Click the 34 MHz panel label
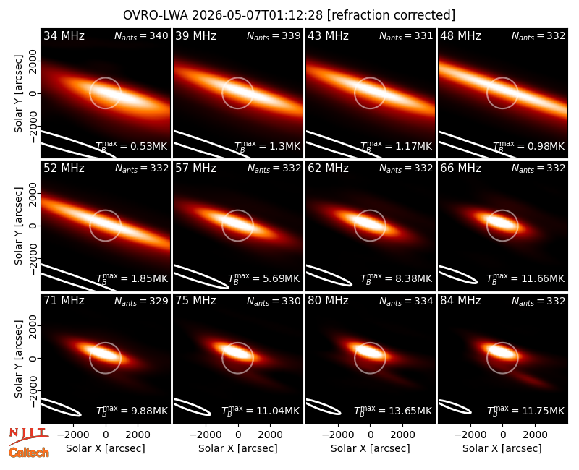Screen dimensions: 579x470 (64, 35)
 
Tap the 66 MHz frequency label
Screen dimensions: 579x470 (460, 168)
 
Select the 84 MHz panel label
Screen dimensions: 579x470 (460, 301)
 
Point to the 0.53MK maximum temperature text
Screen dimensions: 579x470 (149, 146)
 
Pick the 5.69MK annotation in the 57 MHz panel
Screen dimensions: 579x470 (281, 278)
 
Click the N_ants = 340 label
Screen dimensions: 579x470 (141, 35)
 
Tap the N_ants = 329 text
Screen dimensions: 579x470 (141, 301)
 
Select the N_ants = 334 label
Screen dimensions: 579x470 (406, 301)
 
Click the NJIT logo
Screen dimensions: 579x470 (29, 436)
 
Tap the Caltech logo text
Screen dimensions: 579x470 (29, 453)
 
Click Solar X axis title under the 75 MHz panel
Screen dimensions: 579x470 (238, 448)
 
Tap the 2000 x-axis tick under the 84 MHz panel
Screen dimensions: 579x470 (535, 435)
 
